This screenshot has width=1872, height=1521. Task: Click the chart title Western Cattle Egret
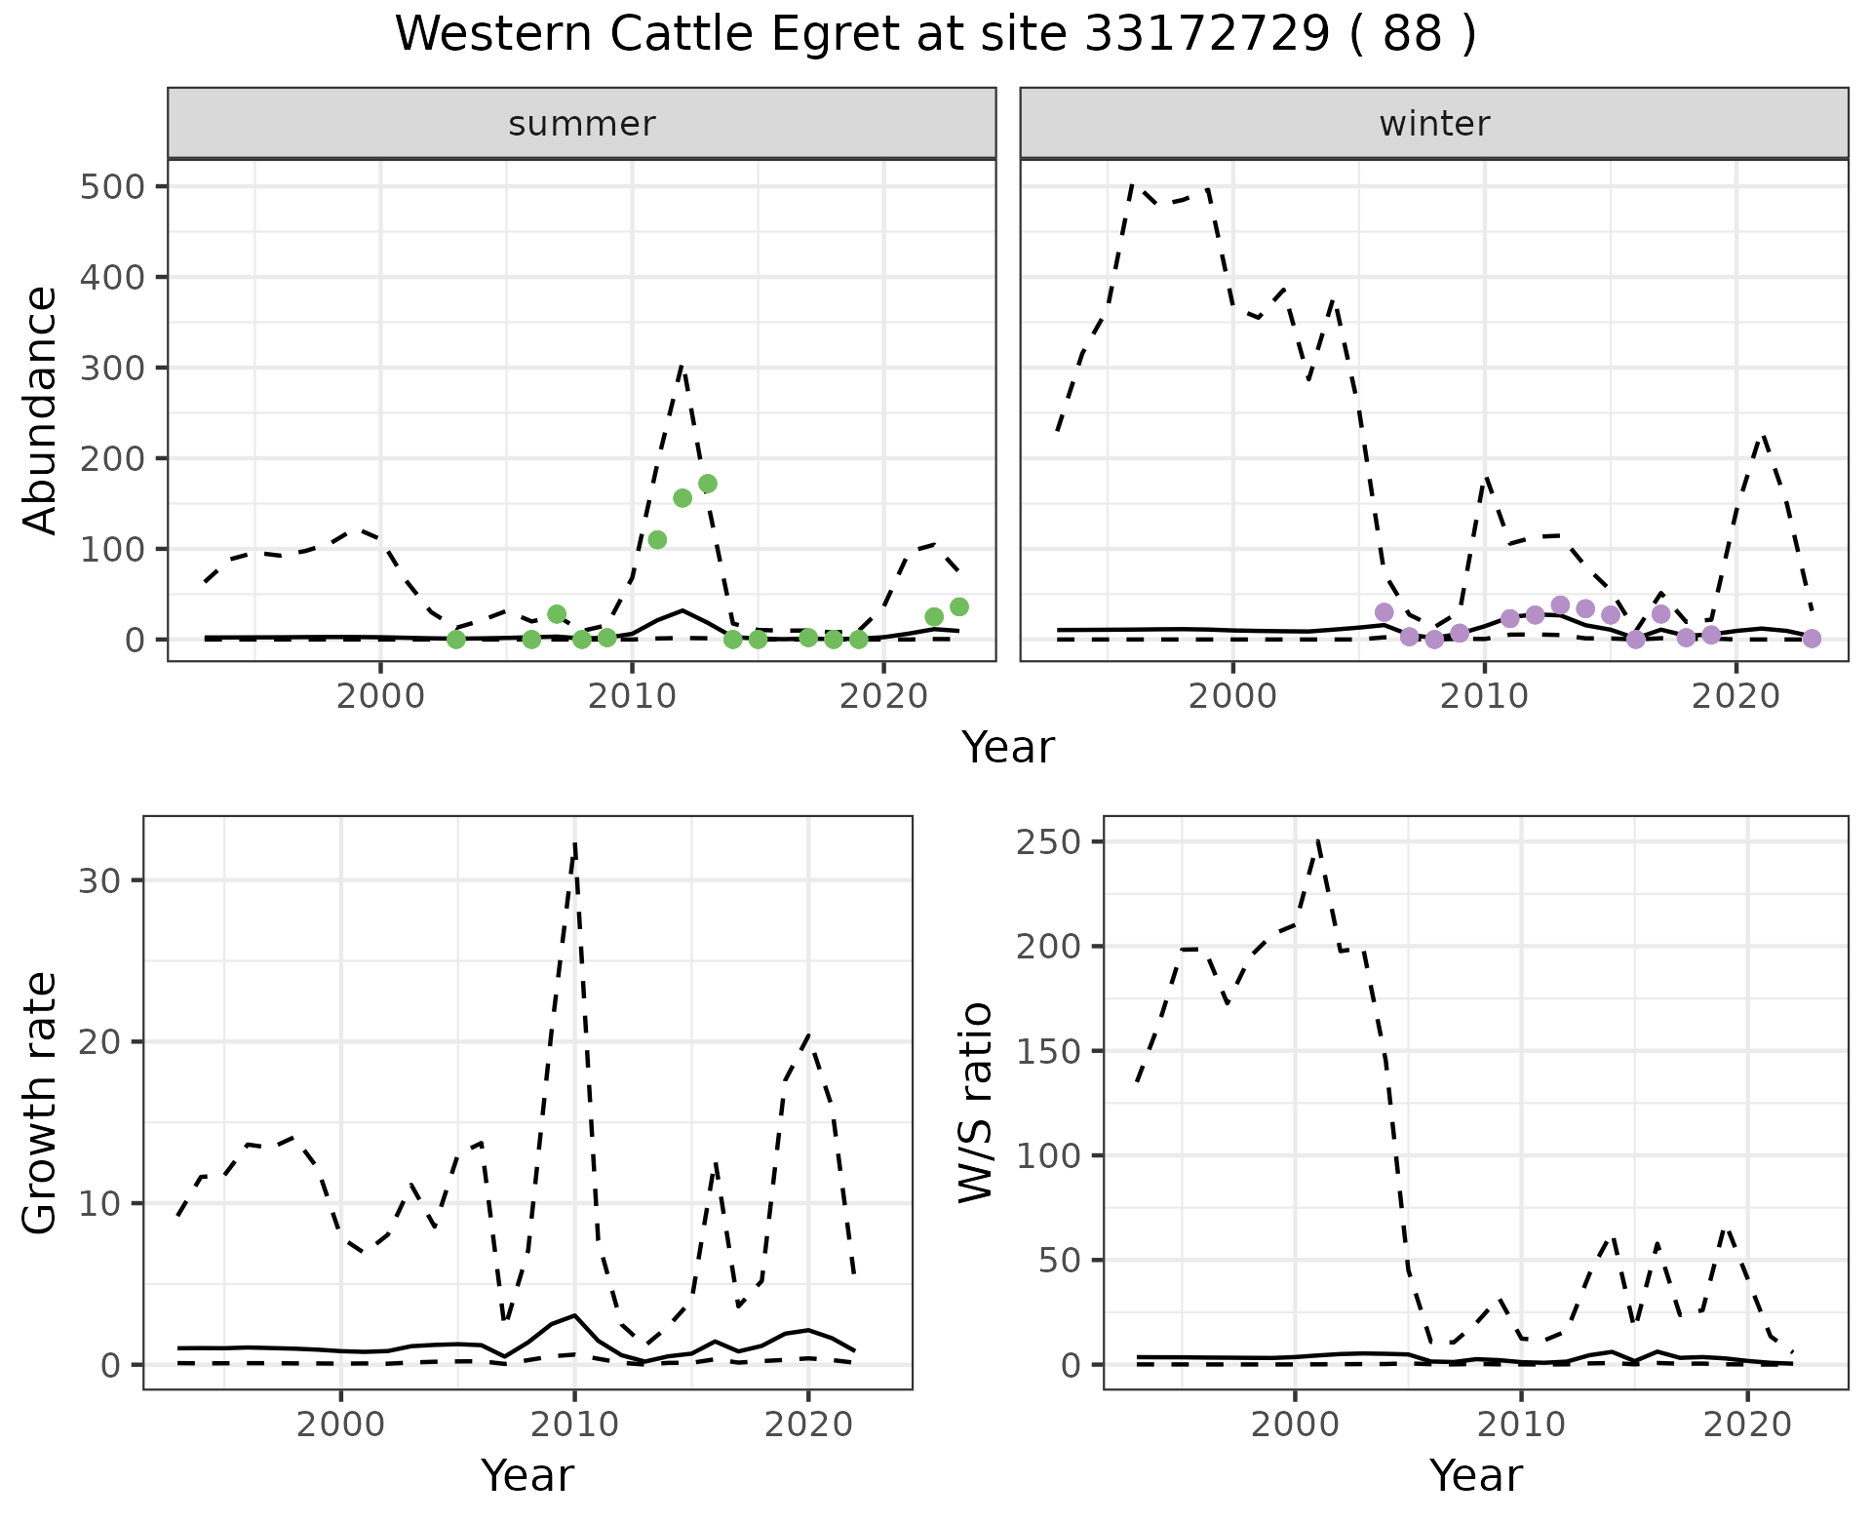click(x=934, y=35)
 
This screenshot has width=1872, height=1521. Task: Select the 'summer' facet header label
click(x=582, y=124)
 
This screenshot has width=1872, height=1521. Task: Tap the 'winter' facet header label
click(x=1434, y=124)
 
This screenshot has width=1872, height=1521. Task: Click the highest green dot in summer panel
click(x=708, y=484)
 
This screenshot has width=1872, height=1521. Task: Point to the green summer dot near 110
click(x=657, y=540)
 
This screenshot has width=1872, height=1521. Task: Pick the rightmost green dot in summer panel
click(x=959, y=607)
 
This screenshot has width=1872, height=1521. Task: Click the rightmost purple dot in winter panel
click(x=1812, y=639)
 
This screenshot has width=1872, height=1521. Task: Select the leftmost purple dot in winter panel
click(x=1384, y=612)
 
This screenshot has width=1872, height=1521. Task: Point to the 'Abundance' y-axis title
click(x=41, y=410)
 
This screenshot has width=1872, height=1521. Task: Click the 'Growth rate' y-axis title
click(x=41, y=1103)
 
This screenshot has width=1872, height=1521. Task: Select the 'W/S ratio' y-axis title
click(x=976, y=1103)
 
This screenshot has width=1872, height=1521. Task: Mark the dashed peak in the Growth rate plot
click(x=575, y=844)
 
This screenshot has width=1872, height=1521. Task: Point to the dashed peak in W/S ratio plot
click(x=1317, y=840)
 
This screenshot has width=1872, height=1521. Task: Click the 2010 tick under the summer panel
click(x=632, y=697)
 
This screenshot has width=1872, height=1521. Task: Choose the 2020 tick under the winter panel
click(x=1735, y=697)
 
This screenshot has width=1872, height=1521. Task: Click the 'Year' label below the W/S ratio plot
click(x=1475, y=1475)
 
